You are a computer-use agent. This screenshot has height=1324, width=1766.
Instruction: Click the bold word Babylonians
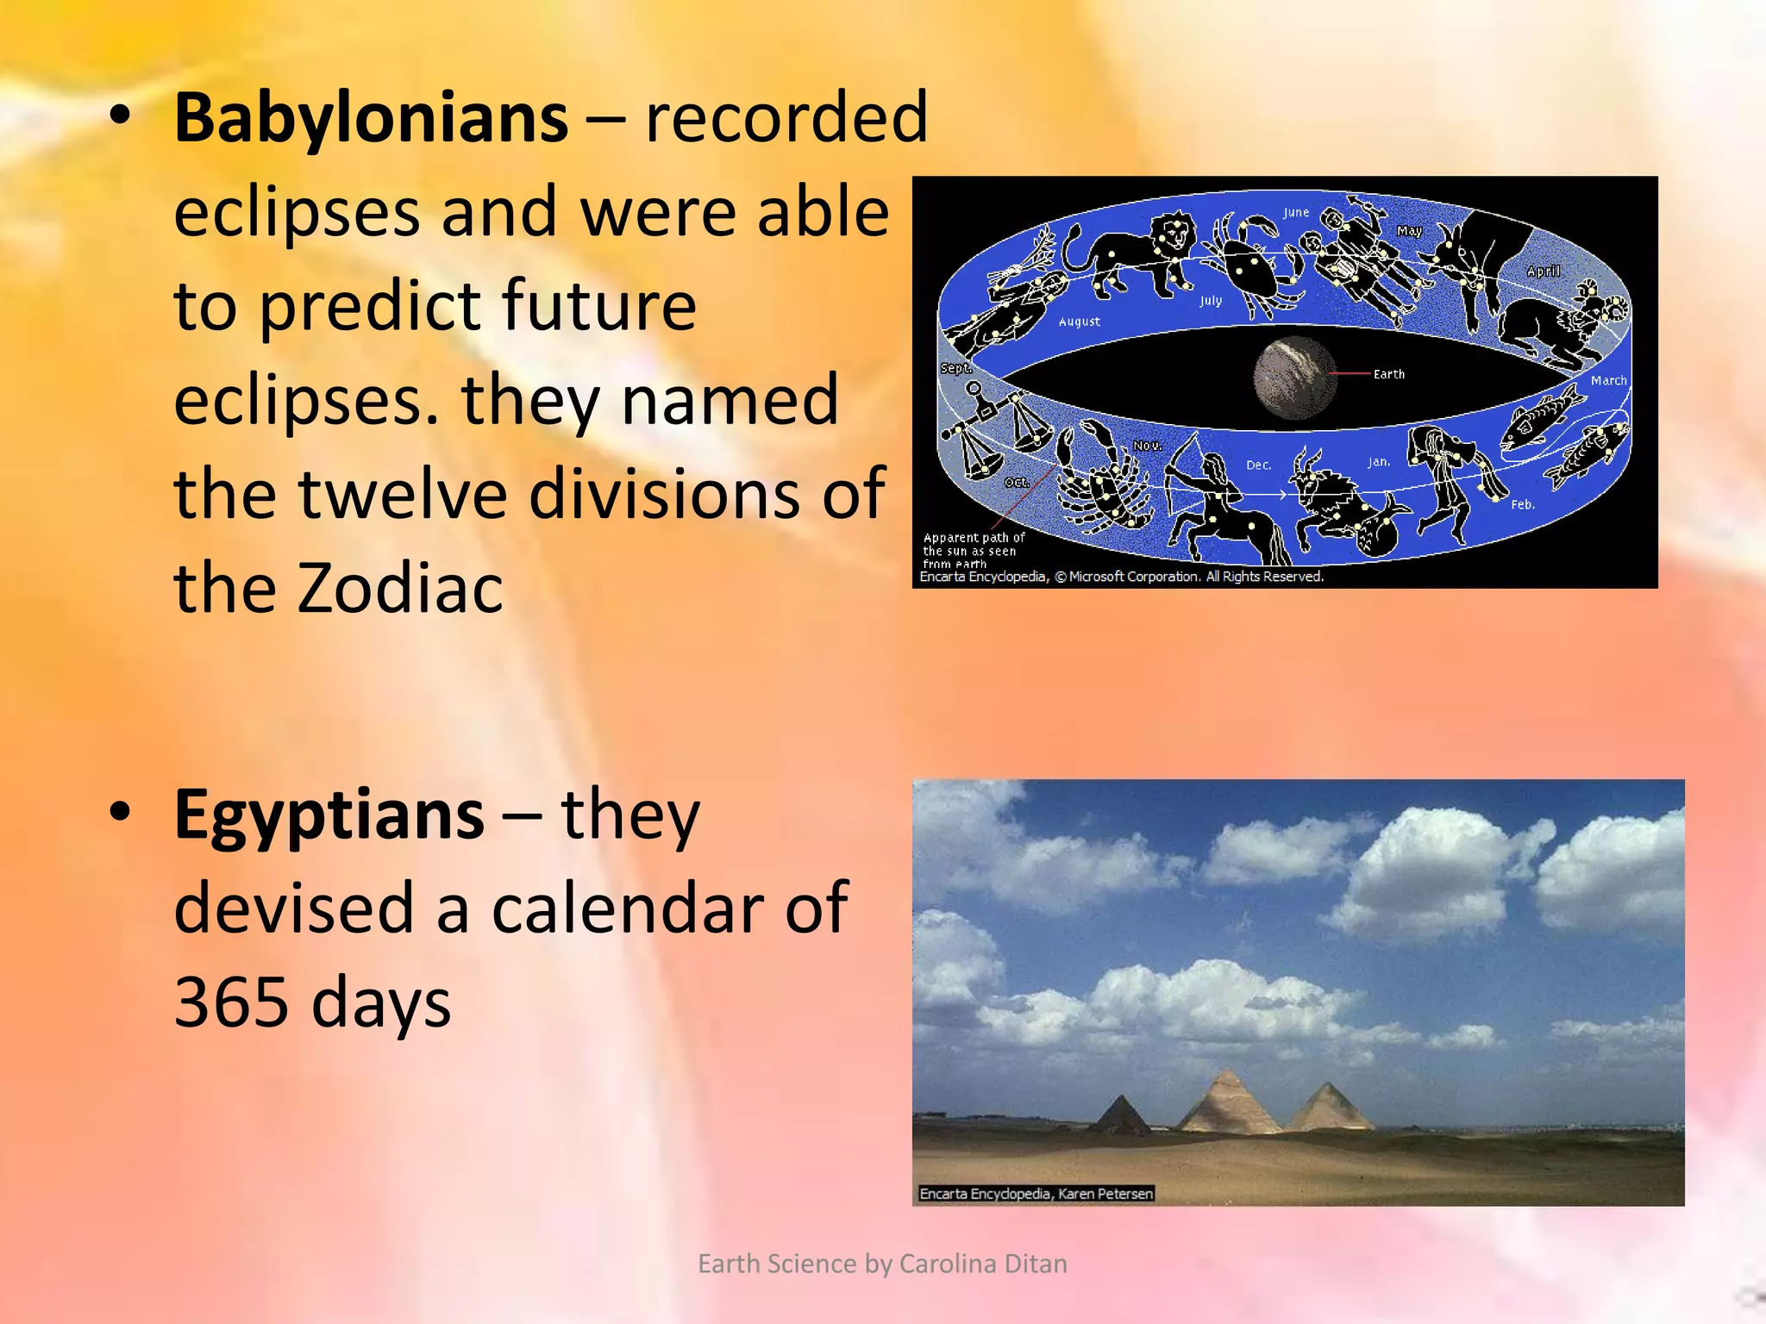(371, 118)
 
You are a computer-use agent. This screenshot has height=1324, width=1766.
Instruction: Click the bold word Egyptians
(329, 815)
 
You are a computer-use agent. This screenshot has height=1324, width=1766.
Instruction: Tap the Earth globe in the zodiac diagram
(1293, 378)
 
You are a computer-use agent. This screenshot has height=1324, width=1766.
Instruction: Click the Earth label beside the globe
(1388, 374)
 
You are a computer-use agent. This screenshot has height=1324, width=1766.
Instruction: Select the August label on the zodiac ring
(1079, 322)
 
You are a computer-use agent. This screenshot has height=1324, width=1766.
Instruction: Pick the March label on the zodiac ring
(1608, 380)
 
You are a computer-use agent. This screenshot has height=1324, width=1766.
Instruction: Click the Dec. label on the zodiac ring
(1258, 465)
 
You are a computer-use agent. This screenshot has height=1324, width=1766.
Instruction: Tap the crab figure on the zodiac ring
(1250, 259)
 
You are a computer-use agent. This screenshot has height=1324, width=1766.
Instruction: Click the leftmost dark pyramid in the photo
(1120, 1115)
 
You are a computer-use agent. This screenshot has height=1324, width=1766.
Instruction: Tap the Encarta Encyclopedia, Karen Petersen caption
(1036, 1194)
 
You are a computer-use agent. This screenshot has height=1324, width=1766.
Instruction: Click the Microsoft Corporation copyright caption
(1121, 577)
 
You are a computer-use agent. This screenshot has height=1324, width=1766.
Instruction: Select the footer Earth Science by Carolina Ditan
(882, 1264)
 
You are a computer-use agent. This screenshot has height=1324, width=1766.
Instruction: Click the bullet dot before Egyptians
(121, 811)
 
